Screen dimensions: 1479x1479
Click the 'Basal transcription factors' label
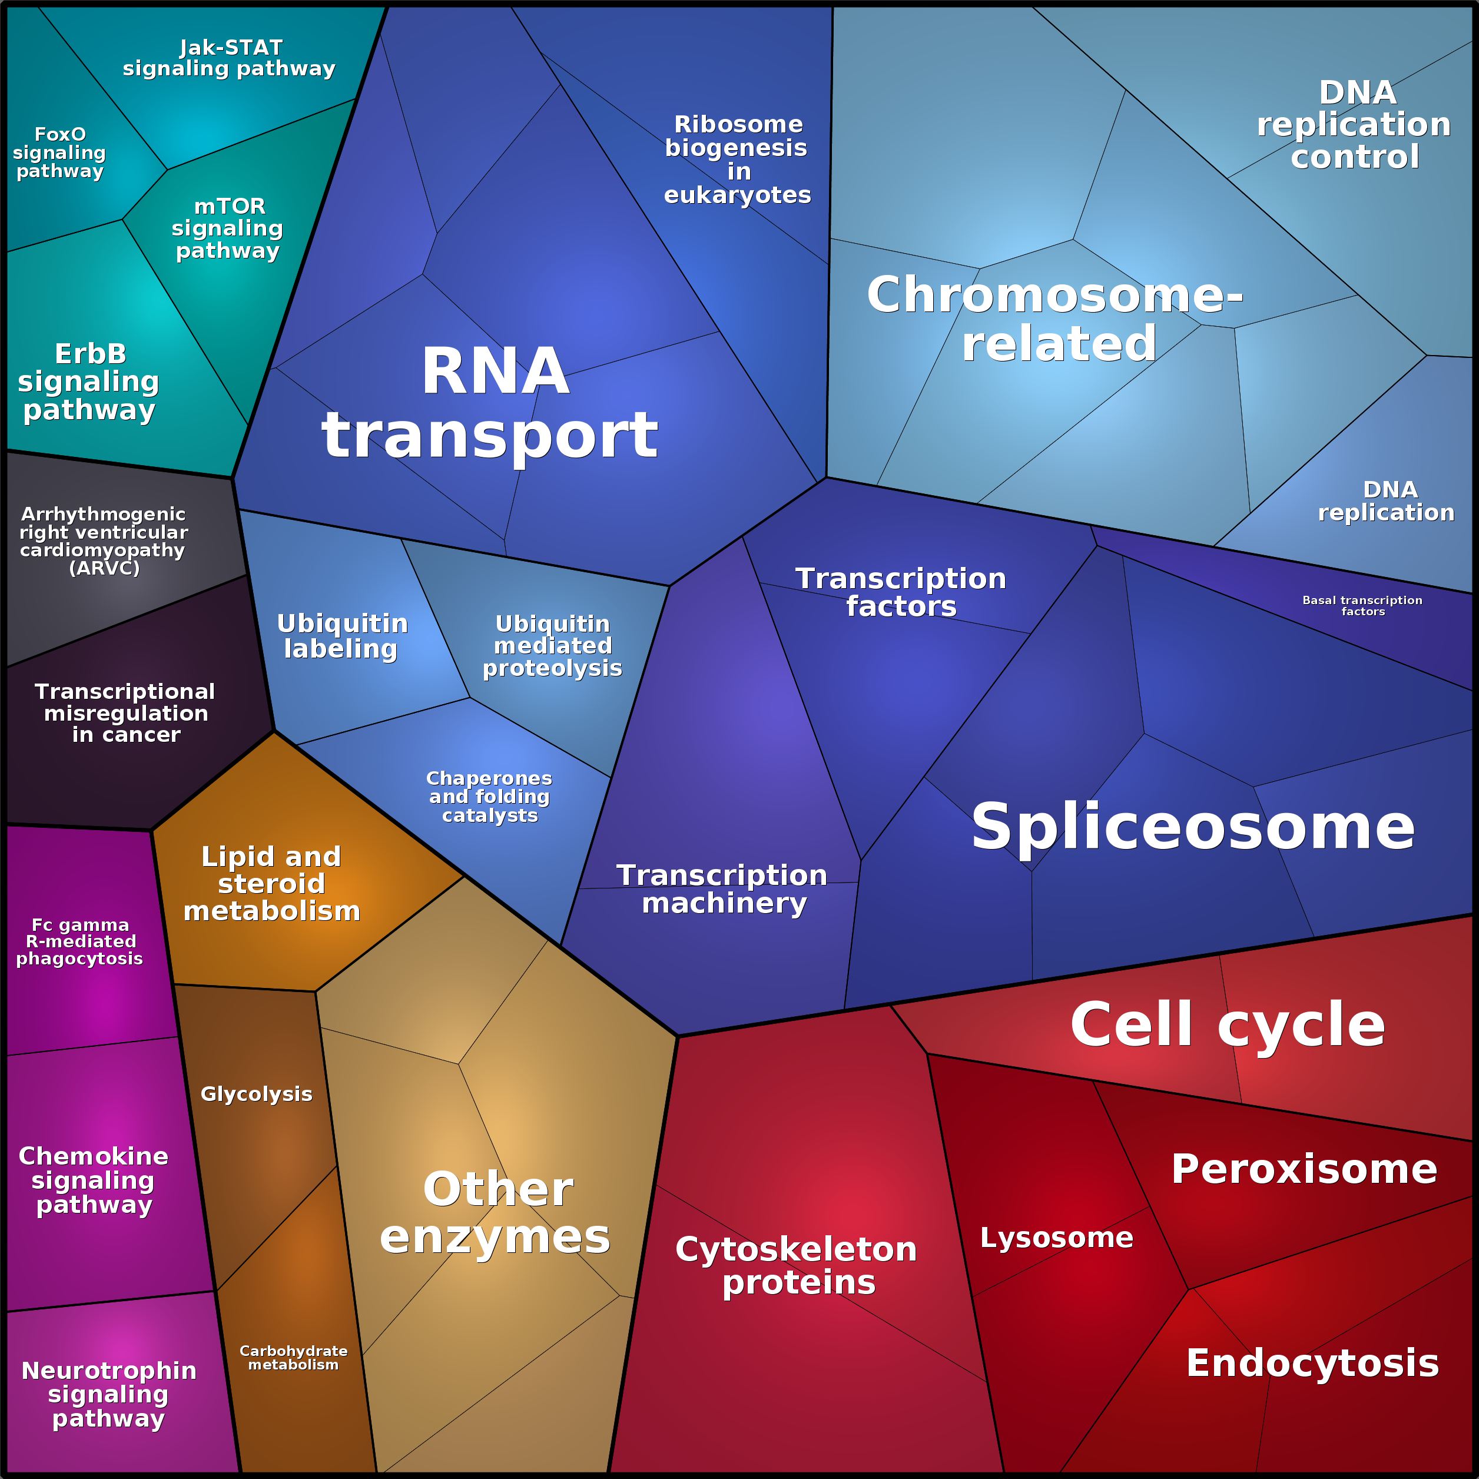coord(1362,605)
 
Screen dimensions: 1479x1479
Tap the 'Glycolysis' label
coord(257,1094)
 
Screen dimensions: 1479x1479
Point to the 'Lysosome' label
coord(1056,1238)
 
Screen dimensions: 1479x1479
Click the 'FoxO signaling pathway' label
coord(59,152)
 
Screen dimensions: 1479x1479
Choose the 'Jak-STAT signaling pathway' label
coord(230,58)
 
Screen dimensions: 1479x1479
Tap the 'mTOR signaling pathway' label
coord(228,228)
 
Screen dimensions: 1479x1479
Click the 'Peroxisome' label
coord(1304,1169)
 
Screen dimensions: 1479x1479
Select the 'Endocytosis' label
coord(1312,1364)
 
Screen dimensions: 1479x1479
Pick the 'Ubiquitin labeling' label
coord(341,636)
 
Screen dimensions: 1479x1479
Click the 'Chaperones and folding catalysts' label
coord(489,797)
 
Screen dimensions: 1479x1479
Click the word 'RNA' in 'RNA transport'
coord(495,372)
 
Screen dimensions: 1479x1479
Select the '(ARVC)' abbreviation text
coord(104,568)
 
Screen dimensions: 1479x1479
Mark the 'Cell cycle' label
coord(1227,1024)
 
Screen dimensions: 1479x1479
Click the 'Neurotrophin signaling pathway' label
coord(109,1394)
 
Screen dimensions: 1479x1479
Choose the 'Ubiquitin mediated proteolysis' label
coord(552,646)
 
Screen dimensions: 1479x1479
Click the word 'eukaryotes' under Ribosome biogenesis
coord(737,195)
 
